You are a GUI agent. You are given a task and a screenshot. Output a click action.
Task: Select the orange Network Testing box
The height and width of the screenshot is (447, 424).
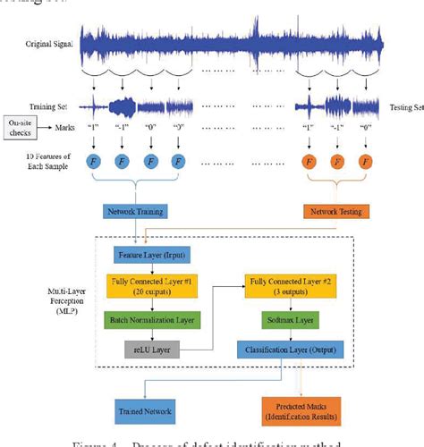click(x=332, y=213)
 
